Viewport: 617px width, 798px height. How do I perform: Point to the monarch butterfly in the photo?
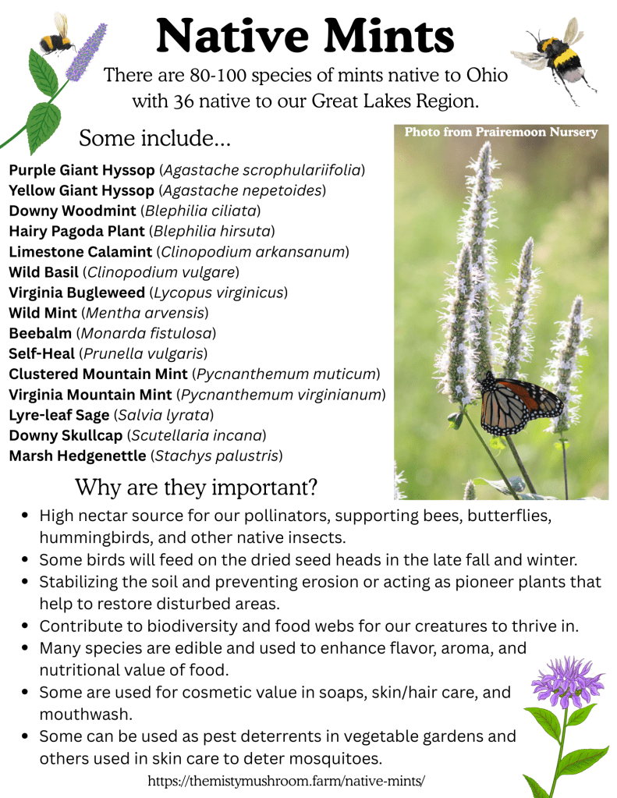[x=520, y=403]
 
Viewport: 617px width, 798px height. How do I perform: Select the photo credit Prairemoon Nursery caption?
[x=501, y=132]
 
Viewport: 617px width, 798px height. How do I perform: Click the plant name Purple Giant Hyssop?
[x=81, y=170]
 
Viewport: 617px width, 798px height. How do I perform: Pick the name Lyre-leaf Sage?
[x=59, y=415]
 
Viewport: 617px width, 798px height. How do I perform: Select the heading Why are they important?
[x=197, y=487]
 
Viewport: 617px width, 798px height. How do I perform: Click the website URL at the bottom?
[x=286, y=781]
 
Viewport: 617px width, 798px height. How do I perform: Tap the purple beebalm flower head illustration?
[x=567, y=682]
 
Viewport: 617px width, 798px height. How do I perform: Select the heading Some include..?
[x=154, y=138]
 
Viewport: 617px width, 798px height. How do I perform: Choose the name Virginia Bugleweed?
[x=77, y=293]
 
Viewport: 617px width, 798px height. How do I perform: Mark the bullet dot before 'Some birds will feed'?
[x=24, y=560]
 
